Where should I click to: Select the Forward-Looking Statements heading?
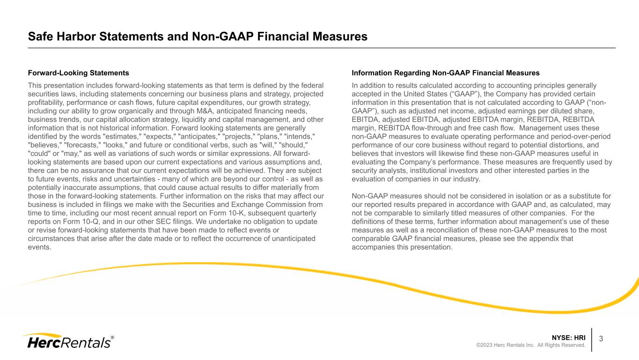pyautogui.click(x=78, y=73)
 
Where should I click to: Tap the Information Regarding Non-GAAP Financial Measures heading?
pyautogui.click(x=445, y=73)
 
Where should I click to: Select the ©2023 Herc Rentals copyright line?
pyautogui.click(x=530, y=345)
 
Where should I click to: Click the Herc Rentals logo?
pyautogui.click(x=68, y=341)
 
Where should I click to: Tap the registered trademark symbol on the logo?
pyautogui.click(x=112, y=337)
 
